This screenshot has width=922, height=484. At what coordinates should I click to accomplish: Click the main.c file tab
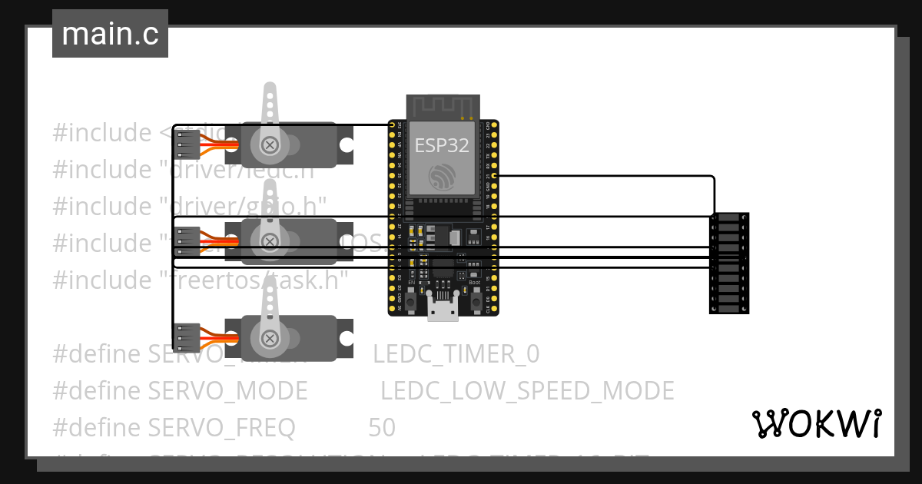(110, 35)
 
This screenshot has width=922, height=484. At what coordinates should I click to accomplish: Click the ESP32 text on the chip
(442, 145)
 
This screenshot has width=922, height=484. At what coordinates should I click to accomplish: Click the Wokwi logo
(816, 423)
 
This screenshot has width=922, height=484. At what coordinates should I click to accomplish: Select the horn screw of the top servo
(270, 144)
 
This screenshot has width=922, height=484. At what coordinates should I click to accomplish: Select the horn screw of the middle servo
(270, 241)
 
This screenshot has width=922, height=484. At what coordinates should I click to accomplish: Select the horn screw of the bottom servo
(270, 338)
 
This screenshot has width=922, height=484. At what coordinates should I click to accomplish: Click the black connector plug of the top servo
(187, 144)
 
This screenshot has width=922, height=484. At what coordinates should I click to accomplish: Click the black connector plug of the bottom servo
(187, 338)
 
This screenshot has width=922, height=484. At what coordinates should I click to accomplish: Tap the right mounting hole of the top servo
(347, 144)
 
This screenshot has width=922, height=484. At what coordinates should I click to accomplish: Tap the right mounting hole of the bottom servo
(347, 338)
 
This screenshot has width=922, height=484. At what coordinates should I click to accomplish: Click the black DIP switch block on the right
(728, 264)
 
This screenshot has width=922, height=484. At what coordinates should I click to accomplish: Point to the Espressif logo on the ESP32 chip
(443, 177)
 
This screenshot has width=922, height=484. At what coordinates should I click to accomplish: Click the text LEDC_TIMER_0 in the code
(456, 354)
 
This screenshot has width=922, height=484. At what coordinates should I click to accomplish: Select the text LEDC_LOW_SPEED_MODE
(527, 391)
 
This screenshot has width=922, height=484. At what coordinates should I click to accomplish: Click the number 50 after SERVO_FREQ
(382, 428)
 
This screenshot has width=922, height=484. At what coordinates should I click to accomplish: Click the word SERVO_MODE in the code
(227, 391)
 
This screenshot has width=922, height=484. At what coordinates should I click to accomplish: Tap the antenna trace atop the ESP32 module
(443, 107)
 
